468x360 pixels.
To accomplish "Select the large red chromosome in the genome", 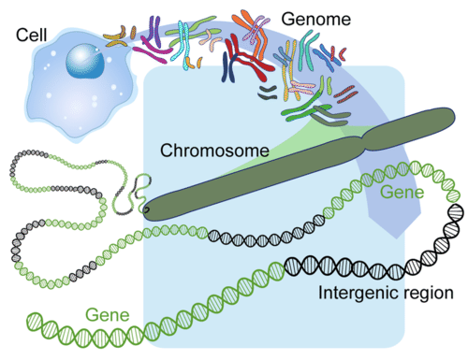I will click(245, 70).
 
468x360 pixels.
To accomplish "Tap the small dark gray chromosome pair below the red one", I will click(269, 90).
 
